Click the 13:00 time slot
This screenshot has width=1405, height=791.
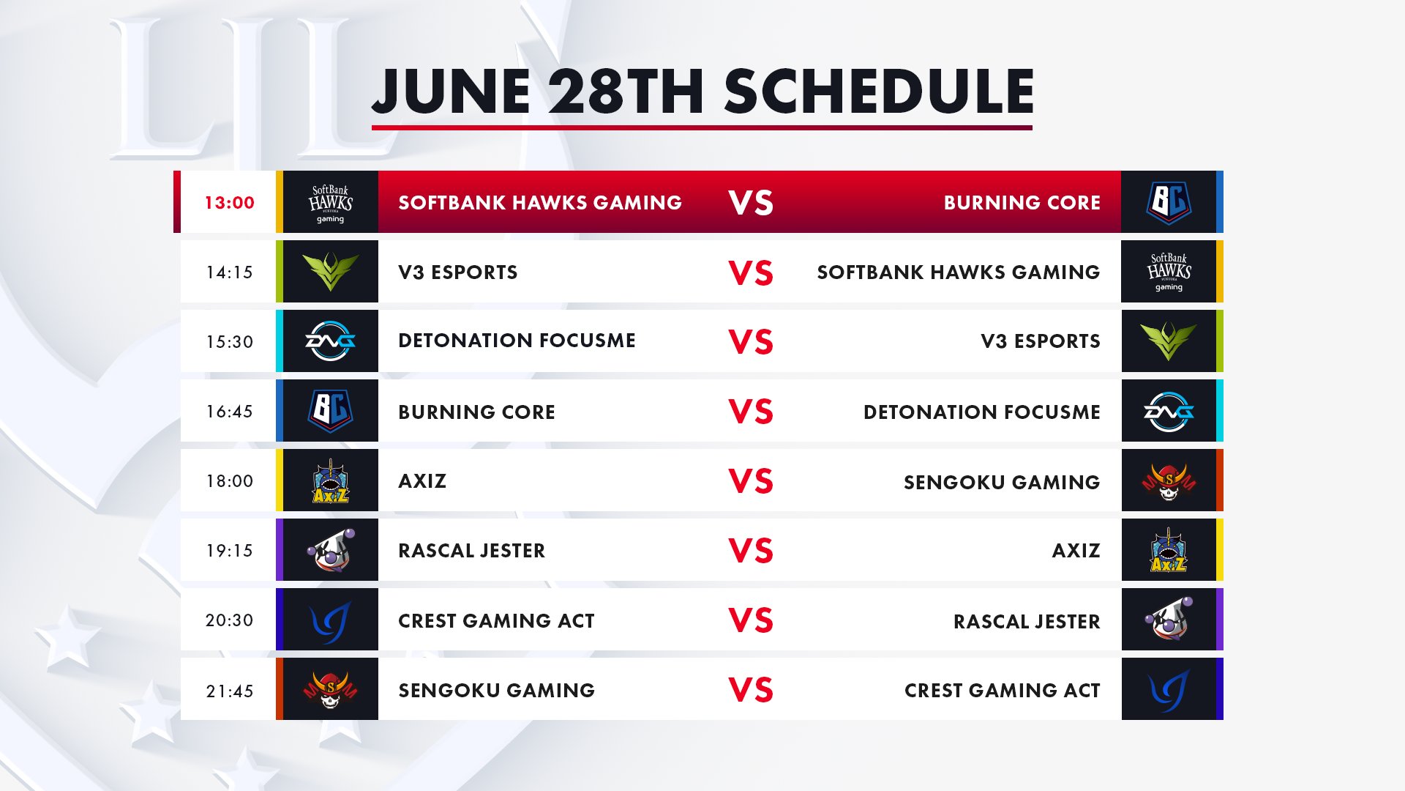tap(229, 203)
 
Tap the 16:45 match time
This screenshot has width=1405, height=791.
tap(229, 412)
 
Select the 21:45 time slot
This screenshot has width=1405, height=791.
tap(229, 691)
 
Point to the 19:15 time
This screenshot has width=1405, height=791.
tap(229, 551)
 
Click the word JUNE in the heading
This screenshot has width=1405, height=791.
tap(451, 92)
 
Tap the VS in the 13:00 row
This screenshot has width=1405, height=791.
tap(751, 203)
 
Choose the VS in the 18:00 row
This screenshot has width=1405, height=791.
tap(751, 481)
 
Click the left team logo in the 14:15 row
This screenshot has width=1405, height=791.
tap(331, 272)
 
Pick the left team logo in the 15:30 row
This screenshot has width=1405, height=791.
tap(331, 341)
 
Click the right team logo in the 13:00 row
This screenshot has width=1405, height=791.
tap(1169, 202)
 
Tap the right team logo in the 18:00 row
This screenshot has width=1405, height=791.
tap(1169, 481)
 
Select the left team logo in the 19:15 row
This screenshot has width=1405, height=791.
tap(331, 550)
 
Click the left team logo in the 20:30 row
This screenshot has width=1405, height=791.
tap(331, 621)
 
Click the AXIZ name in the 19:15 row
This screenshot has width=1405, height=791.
tap(1076, 551)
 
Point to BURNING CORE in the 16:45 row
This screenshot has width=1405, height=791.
tap(476, 412)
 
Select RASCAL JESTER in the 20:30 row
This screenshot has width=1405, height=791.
tap(1027, 622)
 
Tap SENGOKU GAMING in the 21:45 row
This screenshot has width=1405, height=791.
tap(496, 691)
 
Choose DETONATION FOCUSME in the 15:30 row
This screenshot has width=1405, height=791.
tap(517, 341)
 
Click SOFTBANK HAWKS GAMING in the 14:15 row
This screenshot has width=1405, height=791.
tap(959, 272)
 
